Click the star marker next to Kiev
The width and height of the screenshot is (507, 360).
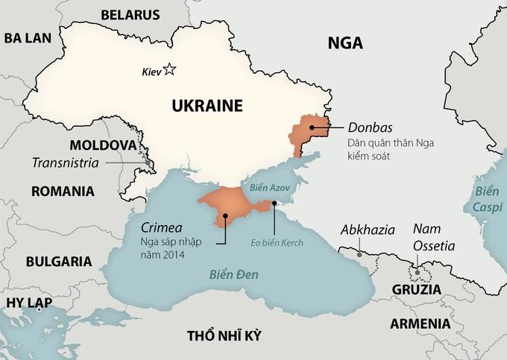click(x=170, y=70)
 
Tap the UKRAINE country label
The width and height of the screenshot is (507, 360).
click(x=207, y=106)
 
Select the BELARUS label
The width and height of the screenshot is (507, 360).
click(x=130, y=14)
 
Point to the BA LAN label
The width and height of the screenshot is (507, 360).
click(x=28, y=39)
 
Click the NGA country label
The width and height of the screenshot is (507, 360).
click(x=345, y=43)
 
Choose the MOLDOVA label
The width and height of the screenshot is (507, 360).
click(x=102, y=145)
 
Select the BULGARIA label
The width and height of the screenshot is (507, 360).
click(x=59, y=262)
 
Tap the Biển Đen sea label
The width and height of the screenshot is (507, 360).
click(x=233, y=275)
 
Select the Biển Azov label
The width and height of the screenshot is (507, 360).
click(x=268, y=189)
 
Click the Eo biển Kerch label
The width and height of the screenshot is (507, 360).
click(x=277, y=242)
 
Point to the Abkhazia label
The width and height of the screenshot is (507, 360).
click(x=368, y=230)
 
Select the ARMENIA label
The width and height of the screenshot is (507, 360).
click(x=420, y=323)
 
